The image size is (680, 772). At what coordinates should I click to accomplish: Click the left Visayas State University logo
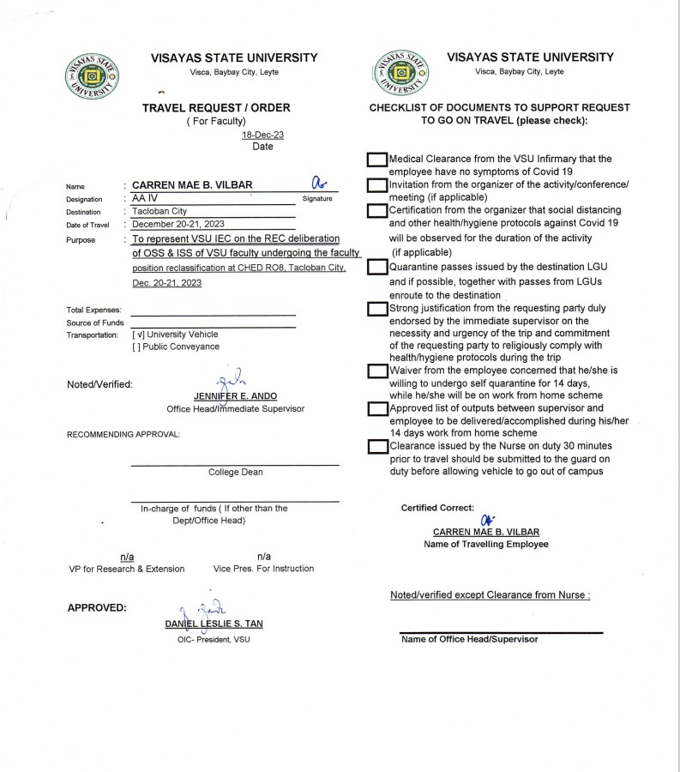(x=93, y=76)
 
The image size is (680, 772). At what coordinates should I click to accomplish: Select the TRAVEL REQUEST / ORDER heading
(x=216, y=107)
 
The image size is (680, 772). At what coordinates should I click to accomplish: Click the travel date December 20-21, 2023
(x=178, y=224)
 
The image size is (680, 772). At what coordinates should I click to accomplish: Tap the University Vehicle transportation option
(x=175, y=334)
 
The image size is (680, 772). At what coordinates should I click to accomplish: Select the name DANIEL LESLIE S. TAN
(x=214, y=624)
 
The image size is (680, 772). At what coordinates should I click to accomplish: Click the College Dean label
(x=235, y=472)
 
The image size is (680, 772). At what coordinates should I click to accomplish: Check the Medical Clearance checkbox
(x=376, y=160)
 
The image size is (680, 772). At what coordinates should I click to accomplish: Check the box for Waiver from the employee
(x=376, y=371)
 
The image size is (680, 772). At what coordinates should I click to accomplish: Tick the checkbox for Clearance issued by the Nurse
(x=376, y=446)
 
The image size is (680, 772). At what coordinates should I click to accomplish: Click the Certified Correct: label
(x=437, y=508)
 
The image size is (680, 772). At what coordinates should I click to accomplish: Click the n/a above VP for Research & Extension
(x=126, y=557)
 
